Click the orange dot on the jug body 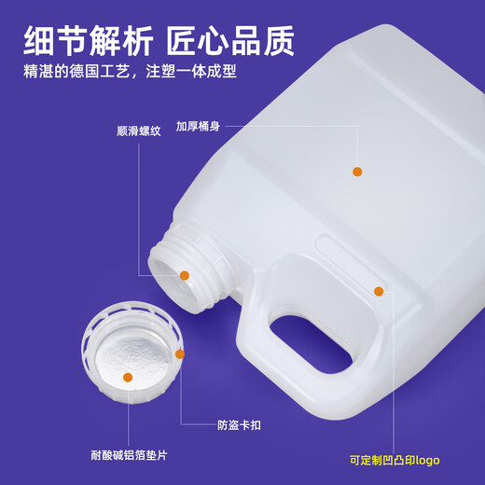point(357,172)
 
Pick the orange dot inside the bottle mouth point(185,275)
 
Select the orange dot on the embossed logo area point(379,291)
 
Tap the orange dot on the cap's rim point(180,353)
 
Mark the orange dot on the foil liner point(128,378)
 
